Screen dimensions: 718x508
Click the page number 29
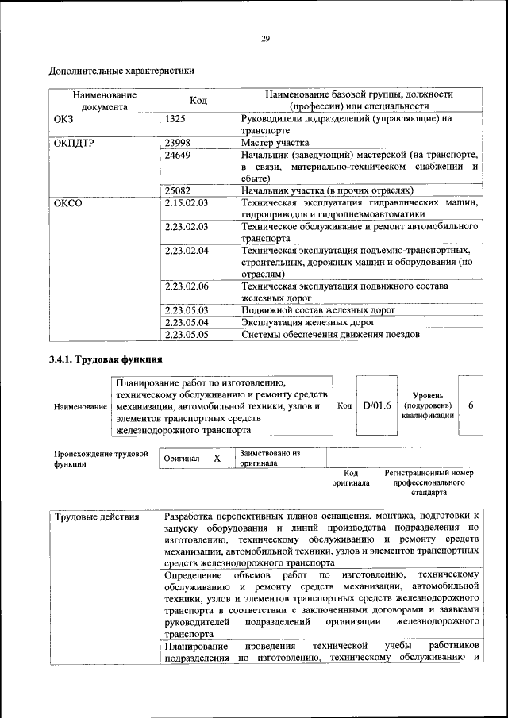point(266,38)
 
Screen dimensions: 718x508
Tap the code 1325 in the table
point(176,119)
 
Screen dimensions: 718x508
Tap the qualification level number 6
point(471,405)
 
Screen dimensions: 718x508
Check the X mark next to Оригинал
point(217,459)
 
